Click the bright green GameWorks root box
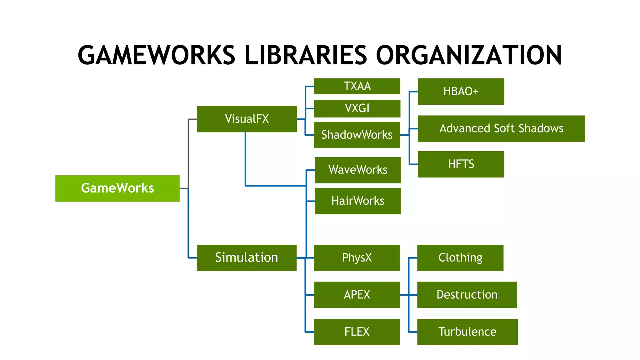click(x=117, y=188)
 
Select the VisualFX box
click(x=247, y=119)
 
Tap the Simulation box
click(x=246, y=257)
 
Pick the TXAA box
click(x=357, y=86)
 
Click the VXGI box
click(x=357, y=108)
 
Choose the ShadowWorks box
click(x=357, y=135)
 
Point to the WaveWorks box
click(x=357, y=170)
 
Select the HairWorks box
click(x=357, y=201)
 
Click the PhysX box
click(x=357, y=257)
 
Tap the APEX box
click(x=357, y=294)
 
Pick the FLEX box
click(x=357, y=332)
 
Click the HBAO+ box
click(x=461, y=91)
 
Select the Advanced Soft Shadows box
click(x=501, y=128)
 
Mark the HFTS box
click(x=461, y=164)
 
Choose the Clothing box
click(x=460, y=257)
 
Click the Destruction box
click(x=467, y=294)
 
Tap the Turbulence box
click(x=467, y=332)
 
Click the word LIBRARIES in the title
click(x=306, y=55)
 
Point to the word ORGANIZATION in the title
click(x=469, y=55)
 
